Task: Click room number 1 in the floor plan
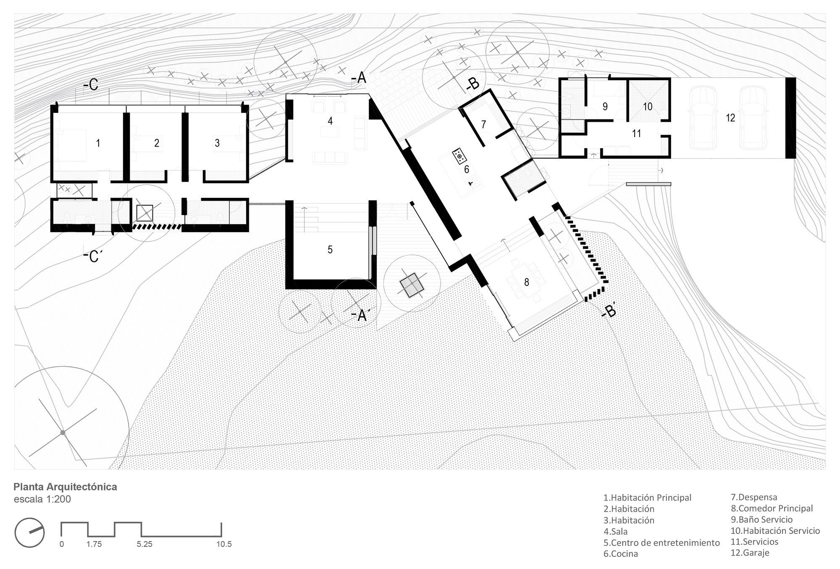98,143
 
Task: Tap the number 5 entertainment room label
330,250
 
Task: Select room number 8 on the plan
527,282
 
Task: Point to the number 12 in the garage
730,118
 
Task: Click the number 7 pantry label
483,124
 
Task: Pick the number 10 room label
648,107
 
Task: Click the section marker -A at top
359,78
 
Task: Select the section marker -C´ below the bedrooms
94,256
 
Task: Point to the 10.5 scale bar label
224,544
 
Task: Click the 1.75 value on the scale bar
94,544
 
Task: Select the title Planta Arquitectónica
66,487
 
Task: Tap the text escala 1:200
42,499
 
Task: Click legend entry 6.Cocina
621,554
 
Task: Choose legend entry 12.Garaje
750,553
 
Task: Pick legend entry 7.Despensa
754,498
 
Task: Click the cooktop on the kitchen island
459,156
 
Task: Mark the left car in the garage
702,118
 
